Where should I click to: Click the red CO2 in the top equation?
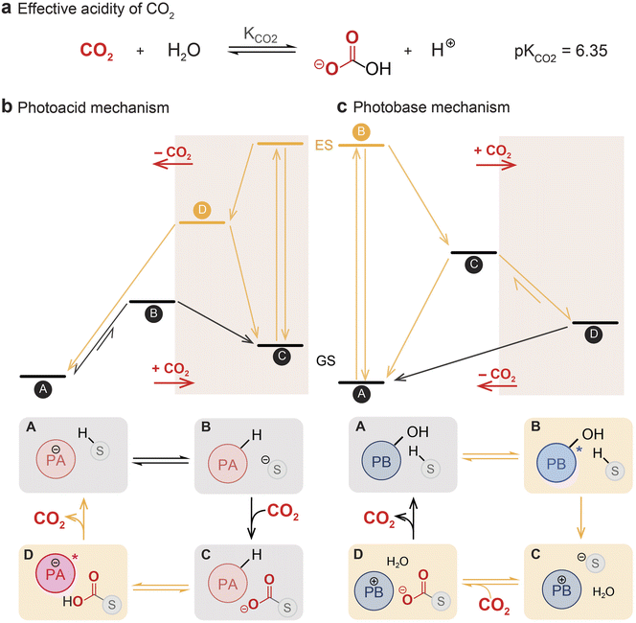(97, 51)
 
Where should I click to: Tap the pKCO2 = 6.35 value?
(561, 52)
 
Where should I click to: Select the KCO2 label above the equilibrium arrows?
(261, 35)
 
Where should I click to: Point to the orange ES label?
(324, 145)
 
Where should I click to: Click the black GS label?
(326, 360)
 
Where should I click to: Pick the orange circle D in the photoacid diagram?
(202, 210)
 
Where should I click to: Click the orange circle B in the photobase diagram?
(361, 132)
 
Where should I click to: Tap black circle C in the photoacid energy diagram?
(282, 357)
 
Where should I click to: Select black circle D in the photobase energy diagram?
(594, 335)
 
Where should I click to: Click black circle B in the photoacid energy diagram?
(153, 313)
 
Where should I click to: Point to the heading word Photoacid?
(51, 108)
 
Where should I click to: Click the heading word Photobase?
(387, 107)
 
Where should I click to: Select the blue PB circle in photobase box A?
(381, 461)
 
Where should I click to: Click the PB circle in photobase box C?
(562, 589)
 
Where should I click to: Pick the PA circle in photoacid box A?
(56, 459)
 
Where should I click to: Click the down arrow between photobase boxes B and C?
(580, 518)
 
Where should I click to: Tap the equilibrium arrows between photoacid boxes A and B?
(161, 461)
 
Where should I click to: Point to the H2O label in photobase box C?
(603, 592)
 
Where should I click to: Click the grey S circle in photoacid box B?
(277, 470)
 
